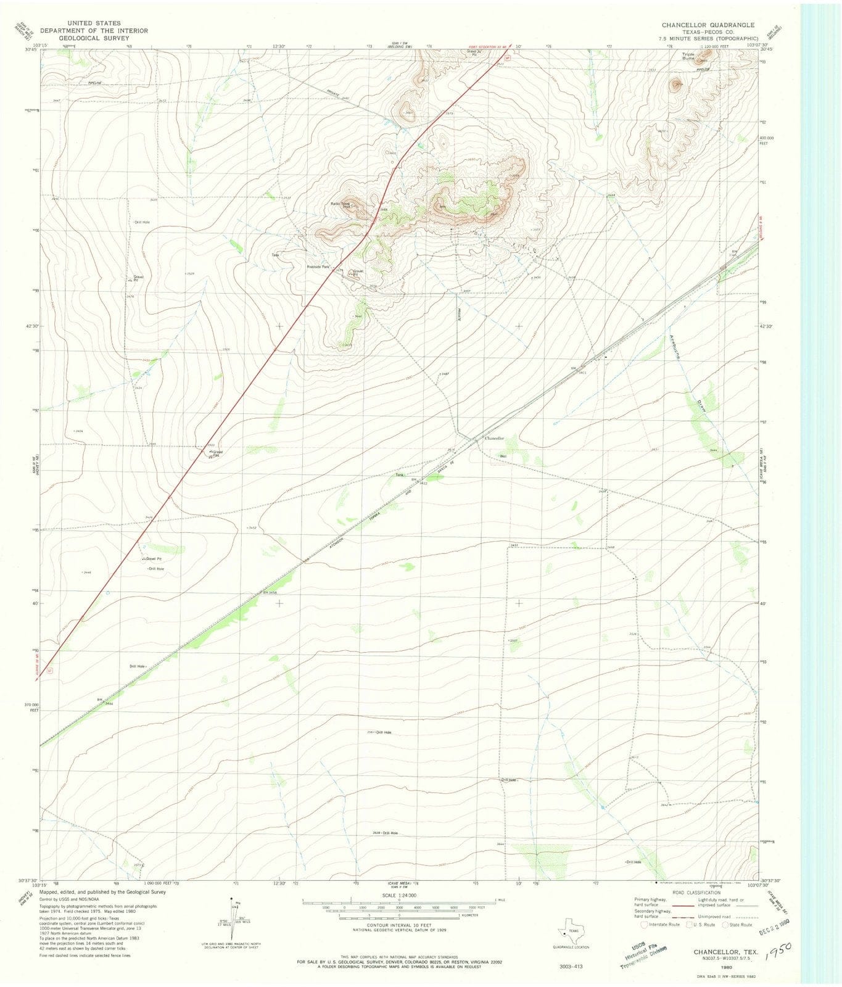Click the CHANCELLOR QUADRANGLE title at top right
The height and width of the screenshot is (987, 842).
708,25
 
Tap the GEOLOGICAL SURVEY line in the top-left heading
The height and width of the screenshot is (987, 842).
85,37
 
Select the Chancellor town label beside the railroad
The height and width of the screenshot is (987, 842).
494,438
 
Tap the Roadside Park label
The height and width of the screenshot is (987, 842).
319,267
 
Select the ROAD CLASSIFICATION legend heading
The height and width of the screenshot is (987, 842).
696,893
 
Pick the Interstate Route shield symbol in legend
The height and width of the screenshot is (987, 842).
645,924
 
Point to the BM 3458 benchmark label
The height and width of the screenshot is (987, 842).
270,592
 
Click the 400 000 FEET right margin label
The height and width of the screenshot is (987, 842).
767,141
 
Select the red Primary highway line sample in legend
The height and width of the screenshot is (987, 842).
684,906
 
